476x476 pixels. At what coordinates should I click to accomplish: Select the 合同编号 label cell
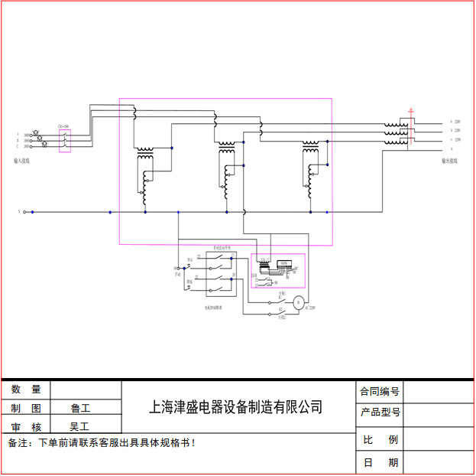tap(380, 391)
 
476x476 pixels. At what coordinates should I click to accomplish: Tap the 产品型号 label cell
tap(380, 412)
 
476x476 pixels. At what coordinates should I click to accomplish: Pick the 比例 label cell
tap(380, 440)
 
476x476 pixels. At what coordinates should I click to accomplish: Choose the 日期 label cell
tap(380, 463)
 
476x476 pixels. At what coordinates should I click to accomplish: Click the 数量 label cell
tap(26, 390)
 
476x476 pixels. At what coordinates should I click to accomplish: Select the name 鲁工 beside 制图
tap(79, 408)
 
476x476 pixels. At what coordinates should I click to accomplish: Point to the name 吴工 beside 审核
tap(79, 426)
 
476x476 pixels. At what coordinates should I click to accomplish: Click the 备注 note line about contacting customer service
tap(102, 442)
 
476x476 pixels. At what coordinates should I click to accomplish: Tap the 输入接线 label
tap(21, 161)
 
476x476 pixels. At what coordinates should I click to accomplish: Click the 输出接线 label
tap(449, 161)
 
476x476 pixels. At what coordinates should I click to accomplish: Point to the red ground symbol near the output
tap(412, 112)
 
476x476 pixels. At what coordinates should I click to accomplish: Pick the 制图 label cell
tap(26, 408)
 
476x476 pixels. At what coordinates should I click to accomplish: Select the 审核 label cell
tap(26, 426)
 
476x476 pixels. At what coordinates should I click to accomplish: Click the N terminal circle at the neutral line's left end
tap(24, 212)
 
